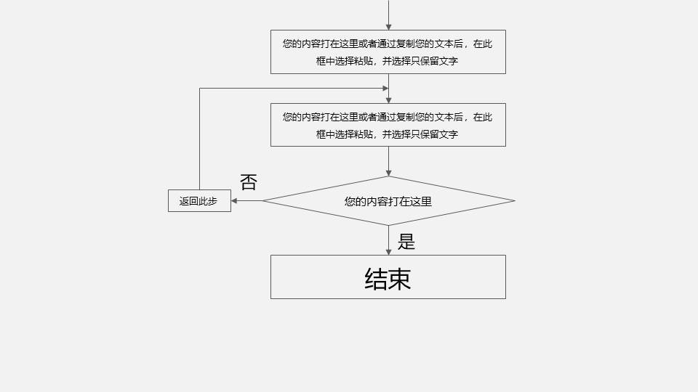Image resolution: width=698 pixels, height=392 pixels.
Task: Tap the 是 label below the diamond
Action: point(406,242)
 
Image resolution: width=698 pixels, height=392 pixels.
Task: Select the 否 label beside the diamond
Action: point(248,182)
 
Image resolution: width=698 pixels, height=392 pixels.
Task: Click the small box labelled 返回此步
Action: point(199,201)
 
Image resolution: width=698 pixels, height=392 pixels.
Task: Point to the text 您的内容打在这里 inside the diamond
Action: point(388,201)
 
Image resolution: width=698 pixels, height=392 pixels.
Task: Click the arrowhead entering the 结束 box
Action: point(388,251)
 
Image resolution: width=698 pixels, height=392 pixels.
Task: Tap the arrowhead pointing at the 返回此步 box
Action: point(235,201)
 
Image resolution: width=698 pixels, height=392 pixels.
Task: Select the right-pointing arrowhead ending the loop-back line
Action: point(385,89)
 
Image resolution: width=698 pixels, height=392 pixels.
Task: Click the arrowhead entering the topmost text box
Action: point(388,27)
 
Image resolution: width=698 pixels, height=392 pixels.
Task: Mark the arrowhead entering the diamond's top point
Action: point(388,173)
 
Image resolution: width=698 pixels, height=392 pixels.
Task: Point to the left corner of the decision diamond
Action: point(263,201)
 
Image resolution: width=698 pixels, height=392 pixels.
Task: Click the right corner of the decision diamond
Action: point(514,201)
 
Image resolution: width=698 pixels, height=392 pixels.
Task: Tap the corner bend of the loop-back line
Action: point(199,89)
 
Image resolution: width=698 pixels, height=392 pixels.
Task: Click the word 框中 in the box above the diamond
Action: point(326,134)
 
